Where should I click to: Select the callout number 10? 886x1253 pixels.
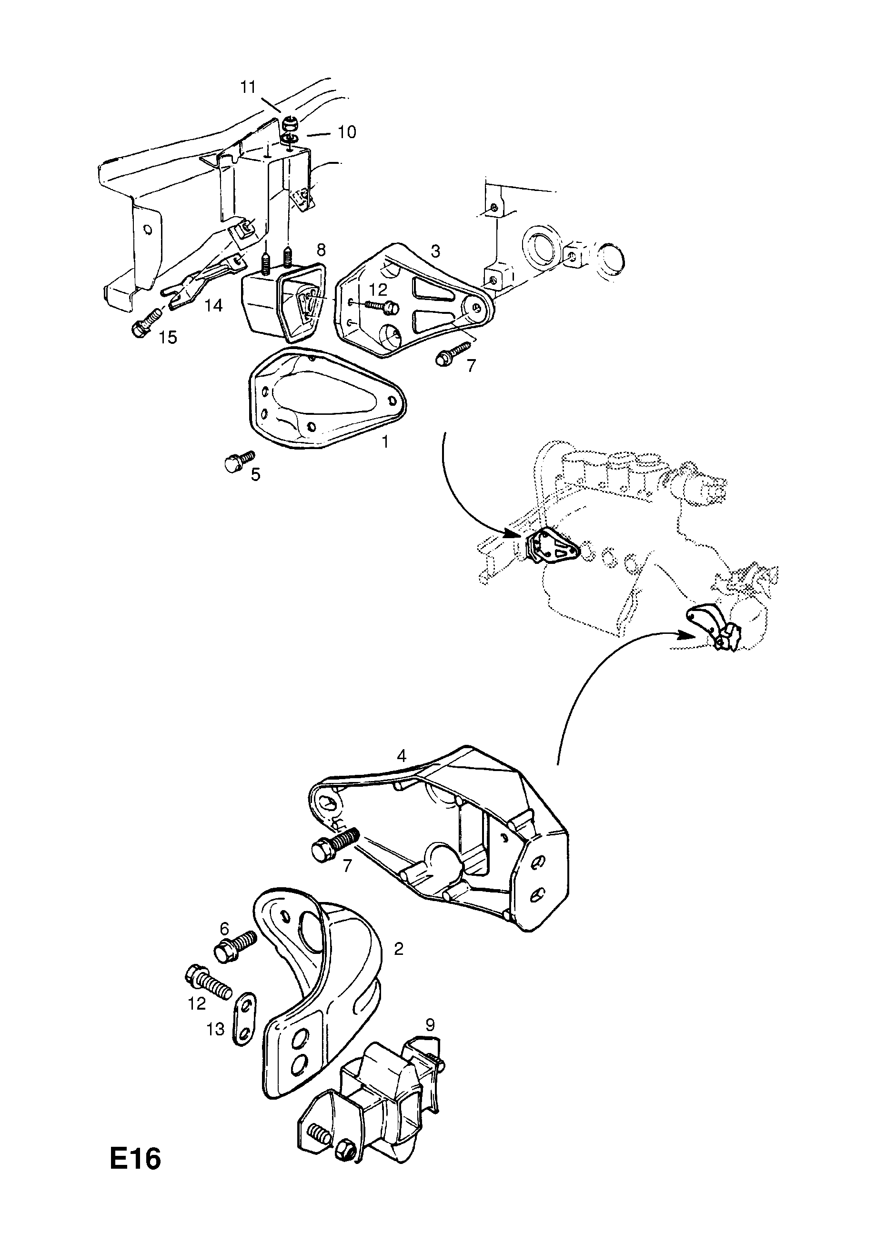[347, 132]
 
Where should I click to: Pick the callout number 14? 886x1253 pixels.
[213, 306]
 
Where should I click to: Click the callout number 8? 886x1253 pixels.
[321, 250]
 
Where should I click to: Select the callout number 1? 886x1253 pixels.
[385, 442]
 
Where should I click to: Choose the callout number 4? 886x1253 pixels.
[402, 756]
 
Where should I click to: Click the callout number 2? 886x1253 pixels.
[399, 949]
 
